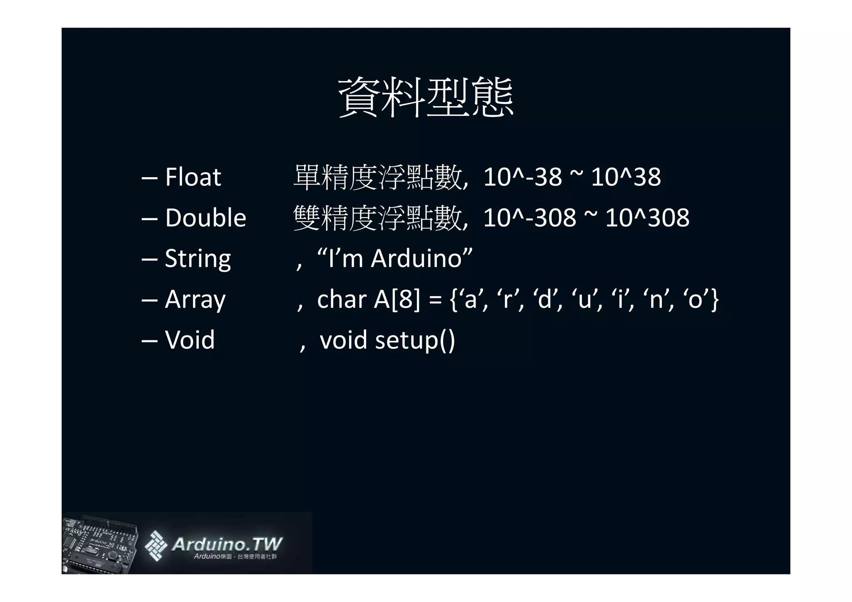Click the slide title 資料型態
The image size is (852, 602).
click(x=426, y=97)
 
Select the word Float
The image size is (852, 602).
click(x=193, y=177)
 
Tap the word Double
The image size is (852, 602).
click(x=206, y=218)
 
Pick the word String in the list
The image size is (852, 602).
click(x=198, y=258)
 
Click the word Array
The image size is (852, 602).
click(x=195, y=299)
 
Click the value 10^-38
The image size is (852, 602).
click(x=523, y=177)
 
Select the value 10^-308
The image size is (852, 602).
click(x=530, y=218)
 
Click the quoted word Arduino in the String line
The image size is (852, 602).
click(x=416, y=258)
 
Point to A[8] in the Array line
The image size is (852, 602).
click(x=397, y=299)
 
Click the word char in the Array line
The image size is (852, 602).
click(x=341, y=299)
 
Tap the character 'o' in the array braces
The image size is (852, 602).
click(x=695, y=299)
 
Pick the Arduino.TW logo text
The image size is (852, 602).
click(x=227, y=544)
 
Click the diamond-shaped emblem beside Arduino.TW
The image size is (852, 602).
click(x=156, y=545)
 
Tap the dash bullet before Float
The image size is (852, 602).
click(x=149, y=178)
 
